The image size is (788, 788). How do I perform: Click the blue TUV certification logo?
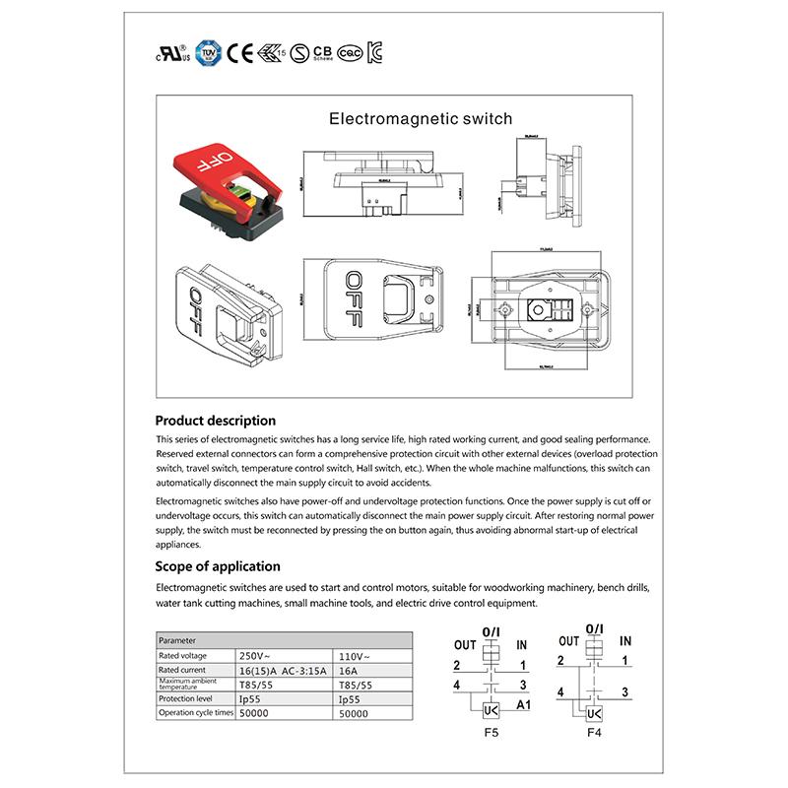click(x=206, y=51)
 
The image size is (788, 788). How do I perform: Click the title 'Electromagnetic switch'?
click(x=421, y=119)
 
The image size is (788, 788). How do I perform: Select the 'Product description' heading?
click(x=216, y=420)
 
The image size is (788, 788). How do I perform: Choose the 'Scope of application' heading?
click(x=218, y=566)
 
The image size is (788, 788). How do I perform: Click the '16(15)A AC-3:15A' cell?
click(x=284, y=670)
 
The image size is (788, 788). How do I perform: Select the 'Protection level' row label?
click(x=184, y=697)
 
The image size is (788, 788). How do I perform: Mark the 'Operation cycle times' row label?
click(x=196, y=712)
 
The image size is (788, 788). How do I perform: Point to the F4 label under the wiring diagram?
click(x=594, y=734)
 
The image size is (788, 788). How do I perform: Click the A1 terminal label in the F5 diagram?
click(x=523, y=705)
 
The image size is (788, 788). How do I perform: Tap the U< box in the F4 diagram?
click(x=593, y=712)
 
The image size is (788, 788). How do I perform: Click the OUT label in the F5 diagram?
click(x=465, y=644)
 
